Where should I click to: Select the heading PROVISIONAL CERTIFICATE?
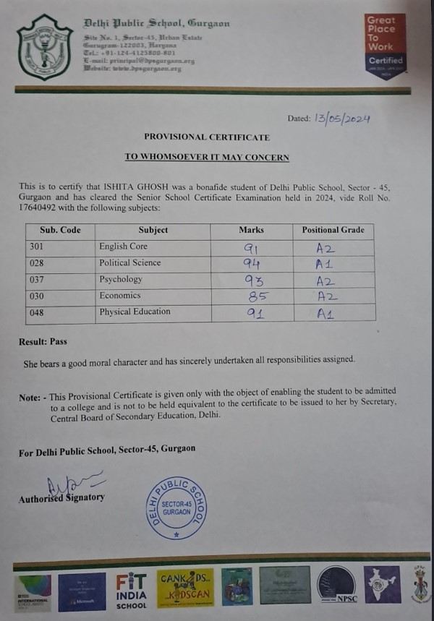pos(207,137)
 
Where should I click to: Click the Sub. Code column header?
pos(61,230)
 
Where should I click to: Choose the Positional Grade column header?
pos(333,230)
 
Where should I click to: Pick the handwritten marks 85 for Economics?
pos(250,296)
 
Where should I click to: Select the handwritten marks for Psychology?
pos(250,280)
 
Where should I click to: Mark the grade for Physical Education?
pos(325,314)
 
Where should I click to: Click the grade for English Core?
pos(324,247)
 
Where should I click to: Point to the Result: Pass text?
pos(43,341)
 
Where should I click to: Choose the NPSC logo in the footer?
pos(336,585)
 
